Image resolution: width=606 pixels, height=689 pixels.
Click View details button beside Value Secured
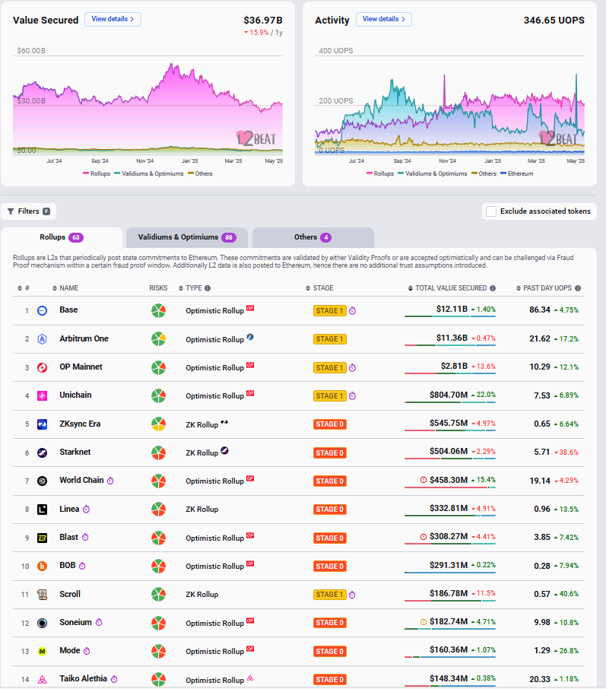113,19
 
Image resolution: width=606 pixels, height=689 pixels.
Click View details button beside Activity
383,19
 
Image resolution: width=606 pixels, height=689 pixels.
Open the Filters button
29,211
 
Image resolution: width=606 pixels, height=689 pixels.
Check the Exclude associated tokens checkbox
491,211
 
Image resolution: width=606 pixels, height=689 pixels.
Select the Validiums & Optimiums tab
187,237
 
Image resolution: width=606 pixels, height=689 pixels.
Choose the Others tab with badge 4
313,237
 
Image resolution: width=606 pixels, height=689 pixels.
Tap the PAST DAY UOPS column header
547,288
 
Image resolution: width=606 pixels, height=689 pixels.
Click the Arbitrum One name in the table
84,338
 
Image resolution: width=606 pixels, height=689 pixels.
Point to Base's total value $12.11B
452,310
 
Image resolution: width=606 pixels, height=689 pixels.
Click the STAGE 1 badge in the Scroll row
329,595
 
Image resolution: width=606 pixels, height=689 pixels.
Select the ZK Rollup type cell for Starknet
202,452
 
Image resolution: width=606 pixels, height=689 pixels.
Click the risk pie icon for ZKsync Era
158,424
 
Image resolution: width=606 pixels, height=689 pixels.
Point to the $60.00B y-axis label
31,51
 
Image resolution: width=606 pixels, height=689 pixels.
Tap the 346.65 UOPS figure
554,20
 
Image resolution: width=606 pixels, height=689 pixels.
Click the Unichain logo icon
43,395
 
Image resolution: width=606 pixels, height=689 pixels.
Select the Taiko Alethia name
84,678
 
